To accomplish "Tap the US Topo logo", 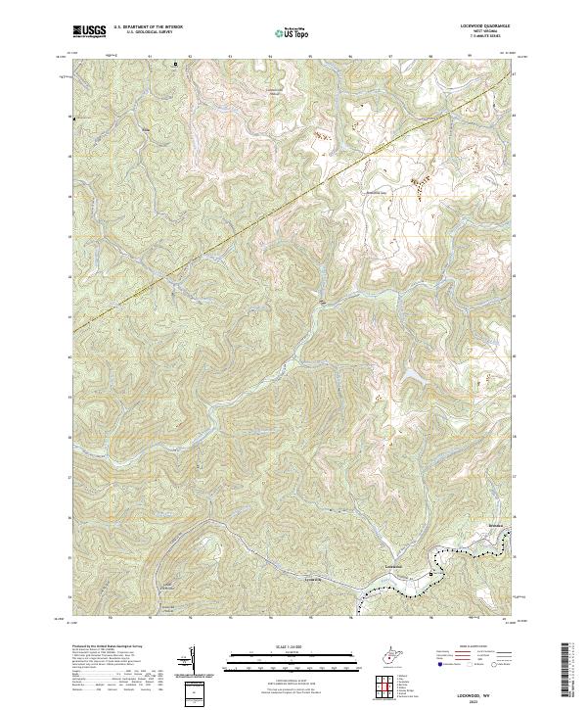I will (x=293, y=33).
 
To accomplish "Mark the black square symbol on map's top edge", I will (x=176, y=65).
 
